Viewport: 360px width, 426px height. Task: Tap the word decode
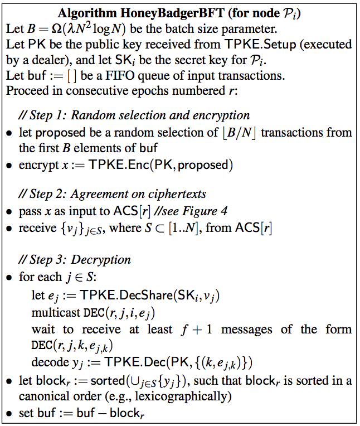pyautogui.click(x=48, y=362)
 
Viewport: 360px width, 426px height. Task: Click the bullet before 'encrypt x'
pyautogui.click(x=11, y=166)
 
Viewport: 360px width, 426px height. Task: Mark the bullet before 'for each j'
pyautogui.click(x=11, y=276)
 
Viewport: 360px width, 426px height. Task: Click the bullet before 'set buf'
pyautogui.click(x=11, y=414)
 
